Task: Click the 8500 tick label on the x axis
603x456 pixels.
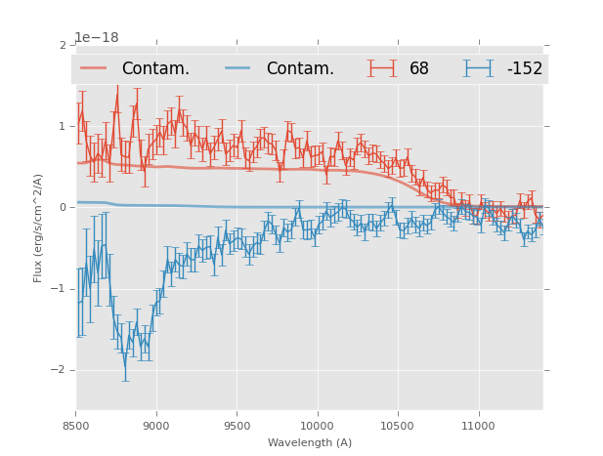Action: point(76,426)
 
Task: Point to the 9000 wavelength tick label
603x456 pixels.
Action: point(156,426)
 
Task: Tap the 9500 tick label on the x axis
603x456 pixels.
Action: point(237,426)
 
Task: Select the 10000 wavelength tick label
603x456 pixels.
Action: point(317,426)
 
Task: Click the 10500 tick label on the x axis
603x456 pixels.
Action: point(398,426)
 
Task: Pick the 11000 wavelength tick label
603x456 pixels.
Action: point(478,426)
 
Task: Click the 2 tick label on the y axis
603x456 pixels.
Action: point(63,46)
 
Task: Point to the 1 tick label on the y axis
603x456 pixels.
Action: point(63,127)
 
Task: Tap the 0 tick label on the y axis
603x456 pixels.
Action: point(63,208)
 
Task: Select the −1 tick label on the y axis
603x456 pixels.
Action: point(60,289)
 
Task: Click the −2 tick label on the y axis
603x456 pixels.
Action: point(60,370)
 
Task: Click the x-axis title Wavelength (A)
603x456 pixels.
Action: point(309,443)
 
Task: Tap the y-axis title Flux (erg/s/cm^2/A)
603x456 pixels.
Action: point(39,228)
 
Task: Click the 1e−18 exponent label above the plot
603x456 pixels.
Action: point(97,37)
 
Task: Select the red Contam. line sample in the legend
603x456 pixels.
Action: point(94,68)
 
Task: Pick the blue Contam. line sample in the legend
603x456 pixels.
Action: point(238,68)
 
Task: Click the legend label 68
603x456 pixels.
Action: point(419,69)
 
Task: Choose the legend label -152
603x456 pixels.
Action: point(525,69)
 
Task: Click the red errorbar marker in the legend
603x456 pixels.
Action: point(382,68)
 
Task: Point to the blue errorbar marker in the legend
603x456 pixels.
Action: point(478,68)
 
